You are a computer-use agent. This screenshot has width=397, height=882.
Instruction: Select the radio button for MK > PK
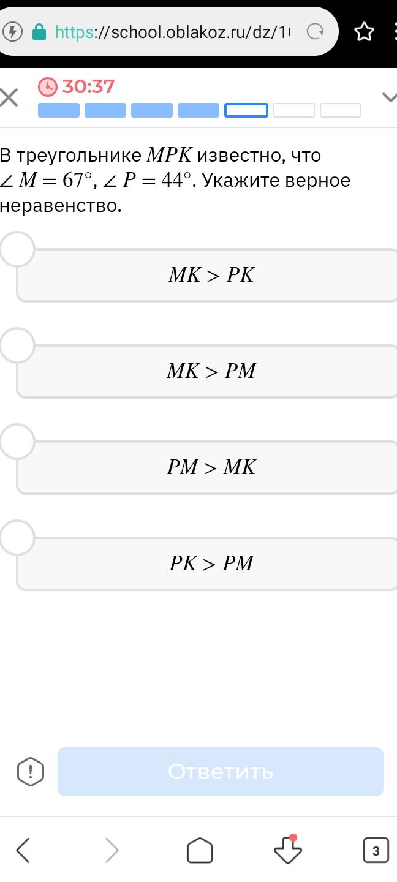[17, 249]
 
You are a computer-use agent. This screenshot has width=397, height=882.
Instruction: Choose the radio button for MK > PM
[17, 345]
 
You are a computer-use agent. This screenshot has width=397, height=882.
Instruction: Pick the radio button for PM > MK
[17, 442]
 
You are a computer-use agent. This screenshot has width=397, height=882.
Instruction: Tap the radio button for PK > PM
[17, 538]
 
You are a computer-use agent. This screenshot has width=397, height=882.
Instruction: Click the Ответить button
[221, 771]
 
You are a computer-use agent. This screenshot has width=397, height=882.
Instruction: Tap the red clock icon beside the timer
[48, 86]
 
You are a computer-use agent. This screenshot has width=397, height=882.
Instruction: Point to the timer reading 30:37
[88, 86]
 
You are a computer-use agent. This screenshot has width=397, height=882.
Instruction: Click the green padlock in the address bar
[39, 32]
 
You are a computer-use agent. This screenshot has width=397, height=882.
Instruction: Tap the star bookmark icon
[364, 32]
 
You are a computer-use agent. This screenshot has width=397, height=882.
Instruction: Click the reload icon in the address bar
[315, 31]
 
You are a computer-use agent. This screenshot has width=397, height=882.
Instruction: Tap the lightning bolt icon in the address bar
[13, 31]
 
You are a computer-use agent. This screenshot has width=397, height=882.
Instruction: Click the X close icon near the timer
[9, 97]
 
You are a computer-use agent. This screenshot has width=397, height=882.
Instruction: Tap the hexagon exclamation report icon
[31, 771]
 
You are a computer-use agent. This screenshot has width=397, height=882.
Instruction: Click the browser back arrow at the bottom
[23, 851]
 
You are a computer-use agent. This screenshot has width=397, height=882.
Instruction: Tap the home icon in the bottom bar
[200, 850]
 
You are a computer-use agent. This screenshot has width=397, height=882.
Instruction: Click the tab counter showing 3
[376, 851]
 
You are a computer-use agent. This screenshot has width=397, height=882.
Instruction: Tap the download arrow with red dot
[288, 849]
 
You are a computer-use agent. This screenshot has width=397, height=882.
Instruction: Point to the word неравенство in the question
[61, 206]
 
